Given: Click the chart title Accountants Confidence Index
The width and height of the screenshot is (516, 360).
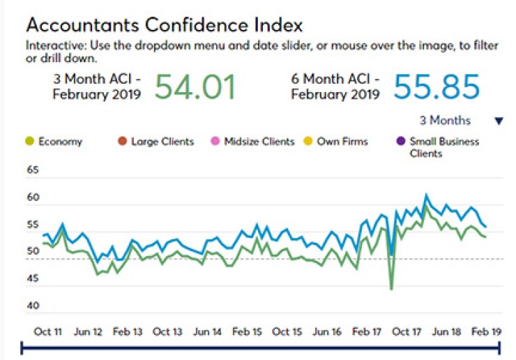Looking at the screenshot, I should point(165,25).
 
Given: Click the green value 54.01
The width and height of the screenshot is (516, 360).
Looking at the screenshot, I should point(195,87).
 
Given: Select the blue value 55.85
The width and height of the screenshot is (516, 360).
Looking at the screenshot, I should point(437,87).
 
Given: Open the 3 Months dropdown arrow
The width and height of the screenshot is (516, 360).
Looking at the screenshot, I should point(499,121).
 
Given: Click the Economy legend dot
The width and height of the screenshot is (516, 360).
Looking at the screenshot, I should point(29,142).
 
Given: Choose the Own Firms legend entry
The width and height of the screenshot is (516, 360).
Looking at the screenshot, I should point(342,142).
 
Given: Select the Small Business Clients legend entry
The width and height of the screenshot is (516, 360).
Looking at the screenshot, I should point(443,147).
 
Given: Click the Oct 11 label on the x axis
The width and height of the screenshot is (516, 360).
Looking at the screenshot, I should point(47,332).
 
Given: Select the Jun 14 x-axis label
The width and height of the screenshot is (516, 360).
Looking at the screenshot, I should point(208,332).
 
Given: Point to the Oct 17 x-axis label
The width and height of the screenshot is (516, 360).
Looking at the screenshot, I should point(407,332).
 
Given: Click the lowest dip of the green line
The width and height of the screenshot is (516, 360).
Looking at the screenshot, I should point(392,289).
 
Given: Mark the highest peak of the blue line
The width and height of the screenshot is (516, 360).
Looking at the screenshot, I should point(426,195).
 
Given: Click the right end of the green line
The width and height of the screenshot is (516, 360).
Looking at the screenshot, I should point(485,237).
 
